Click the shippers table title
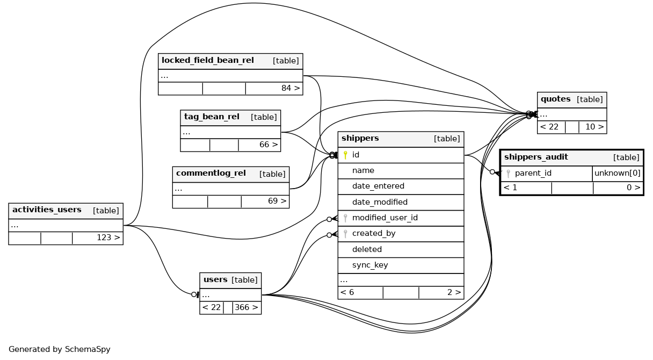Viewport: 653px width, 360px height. (360, 139)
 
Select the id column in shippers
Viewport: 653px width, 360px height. (355, 155)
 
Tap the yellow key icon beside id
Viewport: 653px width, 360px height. (345, 155)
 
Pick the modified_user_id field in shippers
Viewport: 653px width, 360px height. (384, 218)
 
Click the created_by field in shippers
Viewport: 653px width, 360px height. (374, 234)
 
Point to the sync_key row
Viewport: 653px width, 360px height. (370, 265)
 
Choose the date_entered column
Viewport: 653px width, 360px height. (378, 186)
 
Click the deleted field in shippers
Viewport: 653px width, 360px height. (367, 249)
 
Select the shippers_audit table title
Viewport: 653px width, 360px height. (536, 157)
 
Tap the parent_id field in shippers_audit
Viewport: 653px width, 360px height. (533, 174)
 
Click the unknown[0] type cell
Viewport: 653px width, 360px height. (617, 174)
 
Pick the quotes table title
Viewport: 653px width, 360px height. (555, 99)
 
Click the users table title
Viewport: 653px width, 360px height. (215, 280)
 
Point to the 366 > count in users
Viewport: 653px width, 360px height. (246, 308)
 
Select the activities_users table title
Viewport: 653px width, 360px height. (47, 210)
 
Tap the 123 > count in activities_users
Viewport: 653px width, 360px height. (108, 237)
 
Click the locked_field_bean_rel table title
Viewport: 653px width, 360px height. (207, 60)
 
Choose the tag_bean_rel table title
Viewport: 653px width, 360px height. (212, 117)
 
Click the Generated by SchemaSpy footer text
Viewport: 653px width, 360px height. (59, 349)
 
